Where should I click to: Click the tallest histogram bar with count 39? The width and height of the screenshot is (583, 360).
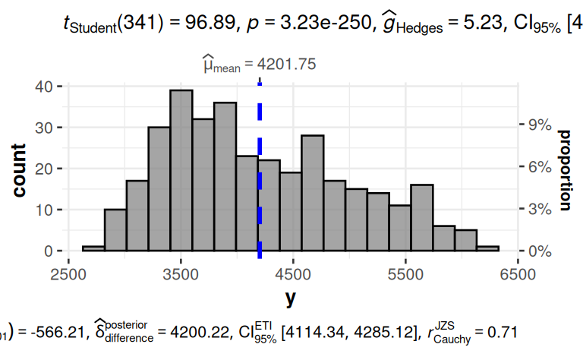click(181, 170)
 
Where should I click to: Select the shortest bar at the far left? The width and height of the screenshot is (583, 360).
click(93, 248)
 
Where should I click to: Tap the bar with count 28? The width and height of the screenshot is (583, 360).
click(312, 193)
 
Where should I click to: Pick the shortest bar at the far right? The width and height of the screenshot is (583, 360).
click(487, 248)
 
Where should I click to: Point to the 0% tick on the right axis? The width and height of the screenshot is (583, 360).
click(536, 251)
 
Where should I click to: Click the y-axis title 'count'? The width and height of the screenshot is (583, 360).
click(19, 169)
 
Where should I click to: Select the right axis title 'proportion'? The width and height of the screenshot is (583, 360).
click(565, 169)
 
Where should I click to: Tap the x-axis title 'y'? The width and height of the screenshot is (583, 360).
click(291, 298)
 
